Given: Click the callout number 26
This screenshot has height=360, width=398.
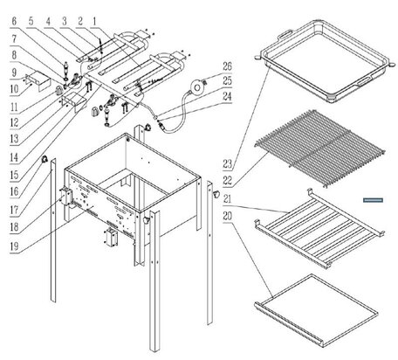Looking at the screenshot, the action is click(228, 66).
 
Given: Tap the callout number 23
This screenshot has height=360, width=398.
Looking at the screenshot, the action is click(228, 164).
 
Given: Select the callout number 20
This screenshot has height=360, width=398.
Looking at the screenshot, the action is click(228, 216).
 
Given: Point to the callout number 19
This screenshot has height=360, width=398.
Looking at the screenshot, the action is click(14, 246).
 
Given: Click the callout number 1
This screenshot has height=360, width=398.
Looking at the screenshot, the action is click(94, 21).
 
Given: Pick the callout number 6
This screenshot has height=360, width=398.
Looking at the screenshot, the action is click(14, 21).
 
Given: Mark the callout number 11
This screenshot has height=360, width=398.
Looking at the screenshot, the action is click(14, 107).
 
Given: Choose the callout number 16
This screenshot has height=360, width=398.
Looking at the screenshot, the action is click(14, 191).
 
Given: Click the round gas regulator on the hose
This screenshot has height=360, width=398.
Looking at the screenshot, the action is click(197, 87).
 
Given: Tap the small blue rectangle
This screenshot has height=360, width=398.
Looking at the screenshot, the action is click(373, 200).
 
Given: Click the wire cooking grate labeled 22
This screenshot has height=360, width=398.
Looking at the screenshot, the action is click(320, 149).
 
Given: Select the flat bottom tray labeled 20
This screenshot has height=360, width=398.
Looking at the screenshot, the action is click(316, 310).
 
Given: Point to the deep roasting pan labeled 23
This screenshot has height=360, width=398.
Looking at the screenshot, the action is click(325, 61).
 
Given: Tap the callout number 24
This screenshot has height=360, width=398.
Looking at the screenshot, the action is click(228, 96).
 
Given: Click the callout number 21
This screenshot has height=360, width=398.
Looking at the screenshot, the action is click(228, 199).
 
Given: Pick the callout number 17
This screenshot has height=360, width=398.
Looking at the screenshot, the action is click(14, 210).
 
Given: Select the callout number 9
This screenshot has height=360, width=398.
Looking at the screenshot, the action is click(14, 73).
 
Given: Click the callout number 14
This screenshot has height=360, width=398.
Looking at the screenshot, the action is click(14, 157).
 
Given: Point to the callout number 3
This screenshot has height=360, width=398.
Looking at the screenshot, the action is click(64, 21).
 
